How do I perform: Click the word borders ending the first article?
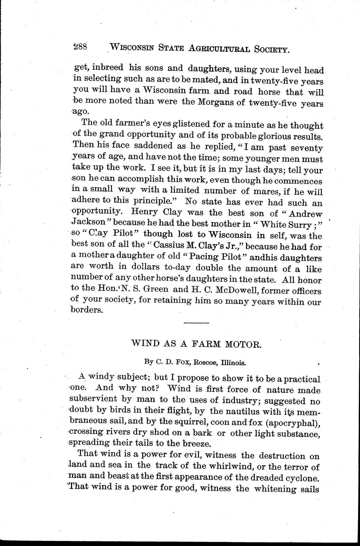86,311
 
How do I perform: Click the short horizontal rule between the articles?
193,324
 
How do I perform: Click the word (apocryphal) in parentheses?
293,423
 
